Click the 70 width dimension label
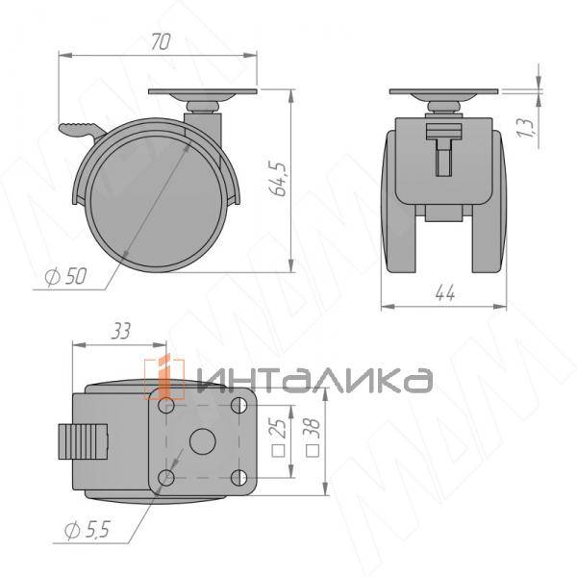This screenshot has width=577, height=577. tap(160, 41)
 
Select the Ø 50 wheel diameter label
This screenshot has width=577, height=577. tap(64, 277)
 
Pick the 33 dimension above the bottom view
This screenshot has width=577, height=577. tap(121, 332)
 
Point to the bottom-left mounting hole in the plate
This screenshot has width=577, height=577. tap(168, 477)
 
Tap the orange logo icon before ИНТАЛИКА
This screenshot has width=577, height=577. tap(166, 378)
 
